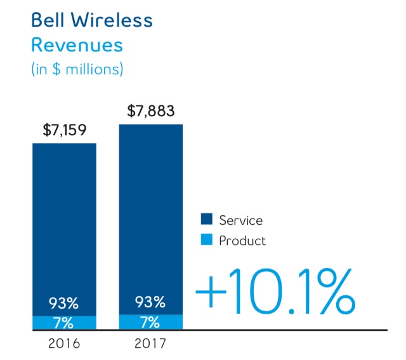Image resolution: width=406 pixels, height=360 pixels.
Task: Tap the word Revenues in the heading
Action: (77, 45)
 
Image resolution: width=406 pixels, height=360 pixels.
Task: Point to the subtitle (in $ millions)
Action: (77, 69)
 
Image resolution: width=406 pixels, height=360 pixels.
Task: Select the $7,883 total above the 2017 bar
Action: (151, 112)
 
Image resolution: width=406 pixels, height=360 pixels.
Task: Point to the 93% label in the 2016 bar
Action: (64, 302)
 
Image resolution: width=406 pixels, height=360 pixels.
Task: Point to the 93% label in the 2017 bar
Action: (150, 302)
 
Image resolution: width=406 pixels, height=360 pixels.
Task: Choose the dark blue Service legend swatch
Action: (206, 220)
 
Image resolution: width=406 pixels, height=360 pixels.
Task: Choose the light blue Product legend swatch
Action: (206, 241)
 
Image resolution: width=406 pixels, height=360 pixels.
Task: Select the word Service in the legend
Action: (240, 220)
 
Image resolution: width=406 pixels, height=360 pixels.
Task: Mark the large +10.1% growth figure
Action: (273, 293)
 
